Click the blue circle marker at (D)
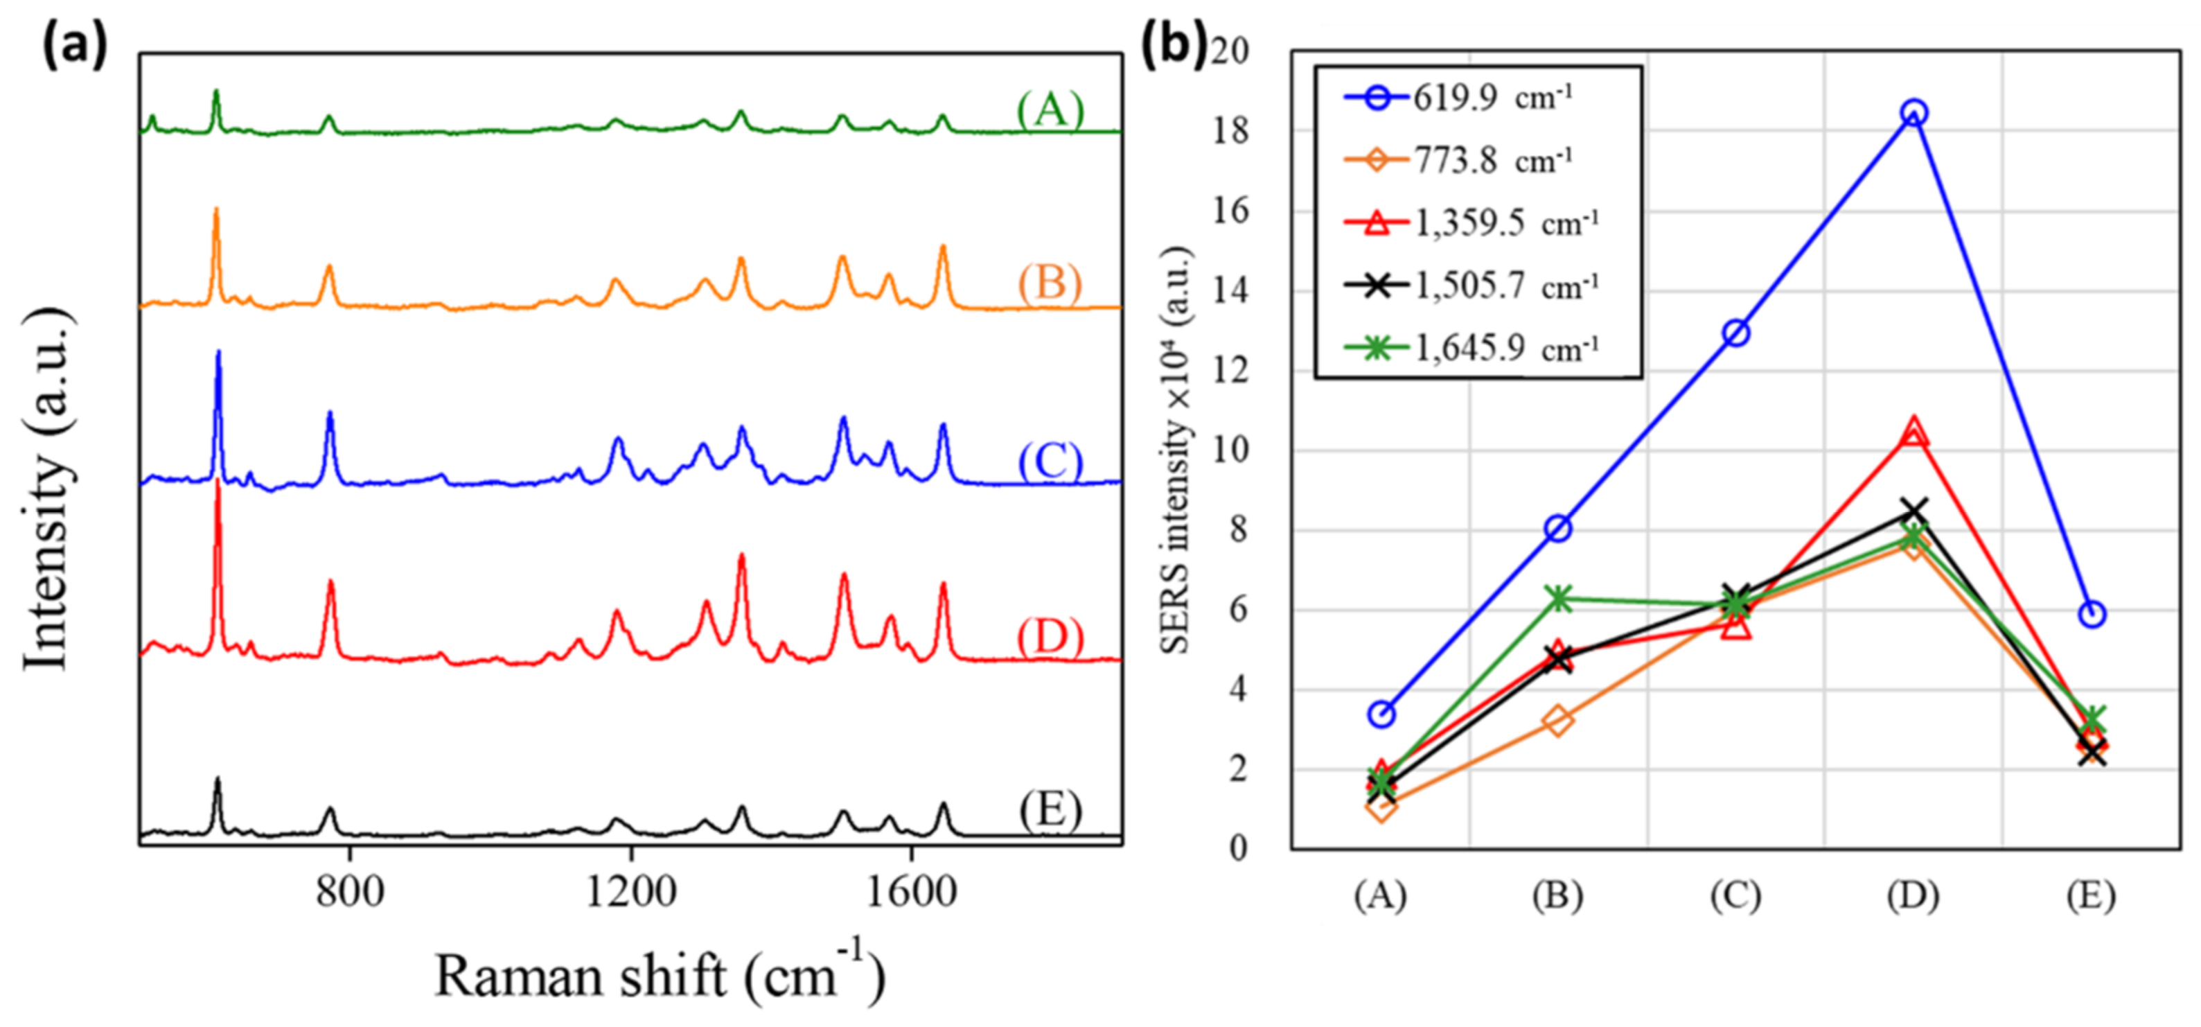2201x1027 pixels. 1914,113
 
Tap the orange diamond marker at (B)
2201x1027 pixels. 1557,720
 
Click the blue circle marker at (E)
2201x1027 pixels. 2092,613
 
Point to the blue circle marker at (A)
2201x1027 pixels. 1381,714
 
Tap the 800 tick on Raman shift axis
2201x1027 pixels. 349,893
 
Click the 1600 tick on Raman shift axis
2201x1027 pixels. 912,893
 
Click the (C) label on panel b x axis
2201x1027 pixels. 1735,895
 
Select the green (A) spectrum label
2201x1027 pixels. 1050,109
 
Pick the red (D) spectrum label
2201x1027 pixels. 1050,637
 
